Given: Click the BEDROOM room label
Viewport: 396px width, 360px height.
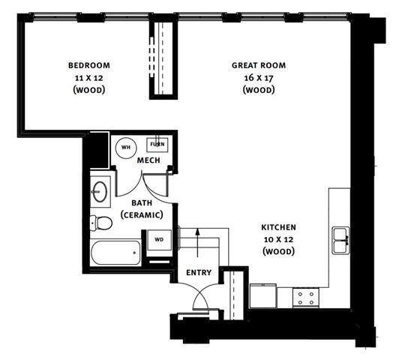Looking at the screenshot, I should pyautogui.click(x=88, y=65).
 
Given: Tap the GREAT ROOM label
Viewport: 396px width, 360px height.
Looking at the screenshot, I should pyautogui.click(x=259, y=65).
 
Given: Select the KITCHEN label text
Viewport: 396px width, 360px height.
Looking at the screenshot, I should pyautogui.click(x=278, y=227).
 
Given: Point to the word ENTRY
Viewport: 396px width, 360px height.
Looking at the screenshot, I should pyautogui.click(x=199, y=273).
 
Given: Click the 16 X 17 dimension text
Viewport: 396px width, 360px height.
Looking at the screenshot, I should pyautogui.click(x=259, y=77).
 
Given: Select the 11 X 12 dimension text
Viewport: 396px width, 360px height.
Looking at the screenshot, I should pyautogui.click(x=88, y=77).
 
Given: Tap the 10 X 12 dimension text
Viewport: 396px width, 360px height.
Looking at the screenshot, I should pyautogui.click(x=278, y=239).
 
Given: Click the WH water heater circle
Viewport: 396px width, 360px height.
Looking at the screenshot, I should pyautogui.click(x=125, y=147).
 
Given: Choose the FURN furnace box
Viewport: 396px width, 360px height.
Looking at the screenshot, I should pyautogui.click(x=157, y=145).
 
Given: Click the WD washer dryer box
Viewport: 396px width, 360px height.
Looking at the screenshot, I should pyautogui.click(x=159, y=240).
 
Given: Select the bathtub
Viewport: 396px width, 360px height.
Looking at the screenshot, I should pyautogui.click(x=115, y=253).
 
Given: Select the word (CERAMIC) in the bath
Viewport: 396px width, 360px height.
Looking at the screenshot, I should pyautogui.click(x=142, y=215).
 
